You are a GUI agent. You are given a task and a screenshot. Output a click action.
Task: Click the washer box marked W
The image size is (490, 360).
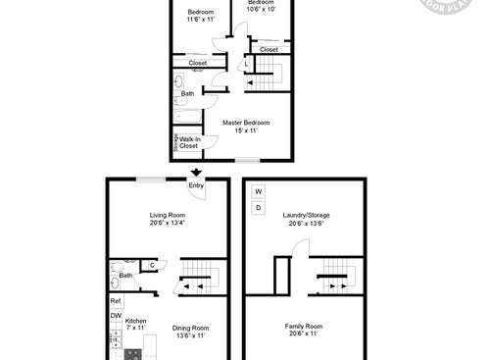click(x=259, y=190)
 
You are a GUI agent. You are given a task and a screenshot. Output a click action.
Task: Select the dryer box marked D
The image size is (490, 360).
click(x=259, y=208)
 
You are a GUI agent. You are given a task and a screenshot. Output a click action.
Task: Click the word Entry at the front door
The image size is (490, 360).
click(x=197, y=184)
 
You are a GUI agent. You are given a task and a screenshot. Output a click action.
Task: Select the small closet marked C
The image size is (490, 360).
click(x=152, y=264)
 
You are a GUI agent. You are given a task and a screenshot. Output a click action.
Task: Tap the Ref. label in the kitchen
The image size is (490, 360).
click(x=116, y=300)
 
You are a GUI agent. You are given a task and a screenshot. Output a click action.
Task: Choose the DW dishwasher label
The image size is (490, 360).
click(x=116, y=315)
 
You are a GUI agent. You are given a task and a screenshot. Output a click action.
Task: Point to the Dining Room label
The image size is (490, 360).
click(x=192, y=332)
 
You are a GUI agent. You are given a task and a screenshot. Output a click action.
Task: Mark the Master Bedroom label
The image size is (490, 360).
click(x=245, y=126)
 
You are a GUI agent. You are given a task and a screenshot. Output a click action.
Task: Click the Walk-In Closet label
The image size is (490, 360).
click(x=189, y=142)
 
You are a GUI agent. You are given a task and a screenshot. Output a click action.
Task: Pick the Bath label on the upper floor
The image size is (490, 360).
click(x=187, y=93)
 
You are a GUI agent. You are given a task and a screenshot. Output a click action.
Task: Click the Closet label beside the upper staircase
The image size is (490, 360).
click(x=269, y=49)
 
